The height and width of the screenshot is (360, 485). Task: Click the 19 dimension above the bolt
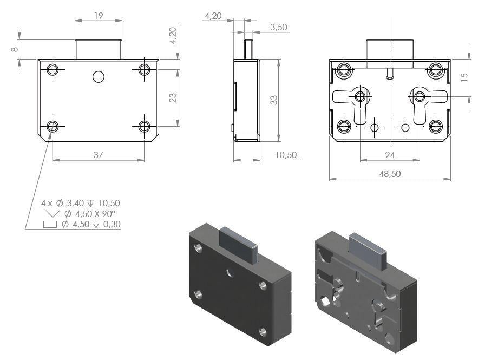tap(99, 16)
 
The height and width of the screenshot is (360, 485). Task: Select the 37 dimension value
tap(98, 155)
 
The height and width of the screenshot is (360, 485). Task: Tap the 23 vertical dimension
tap(173, 98)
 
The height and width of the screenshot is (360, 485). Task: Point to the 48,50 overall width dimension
tap(390, 174)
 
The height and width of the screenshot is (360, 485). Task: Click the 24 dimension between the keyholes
tap(390, 155)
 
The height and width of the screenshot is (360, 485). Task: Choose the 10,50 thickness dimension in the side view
tap(286, 155)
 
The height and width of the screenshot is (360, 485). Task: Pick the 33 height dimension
tap(274, 100)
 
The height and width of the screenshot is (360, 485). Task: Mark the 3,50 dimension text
tap(278, 27)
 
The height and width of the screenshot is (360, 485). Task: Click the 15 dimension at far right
tap(464, 77)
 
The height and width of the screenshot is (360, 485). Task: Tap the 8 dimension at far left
tap(15, 49)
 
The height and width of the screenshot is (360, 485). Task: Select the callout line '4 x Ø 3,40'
tap(62, 203)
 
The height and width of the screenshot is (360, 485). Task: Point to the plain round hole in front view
tap(99, 77)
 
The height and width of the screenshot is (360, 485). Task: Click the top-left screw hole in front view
tap(53, 69)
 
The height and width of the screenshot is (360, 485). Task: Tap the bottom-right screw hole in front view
tap(144, 126)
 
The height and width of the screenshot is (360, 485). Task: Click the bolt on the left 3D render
tap(238, 244)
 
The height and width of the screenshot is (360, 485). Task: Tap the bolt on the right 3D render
tap(369, 250)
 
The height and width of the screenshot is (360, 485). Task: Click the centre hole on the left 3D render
tap(231, 272)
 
